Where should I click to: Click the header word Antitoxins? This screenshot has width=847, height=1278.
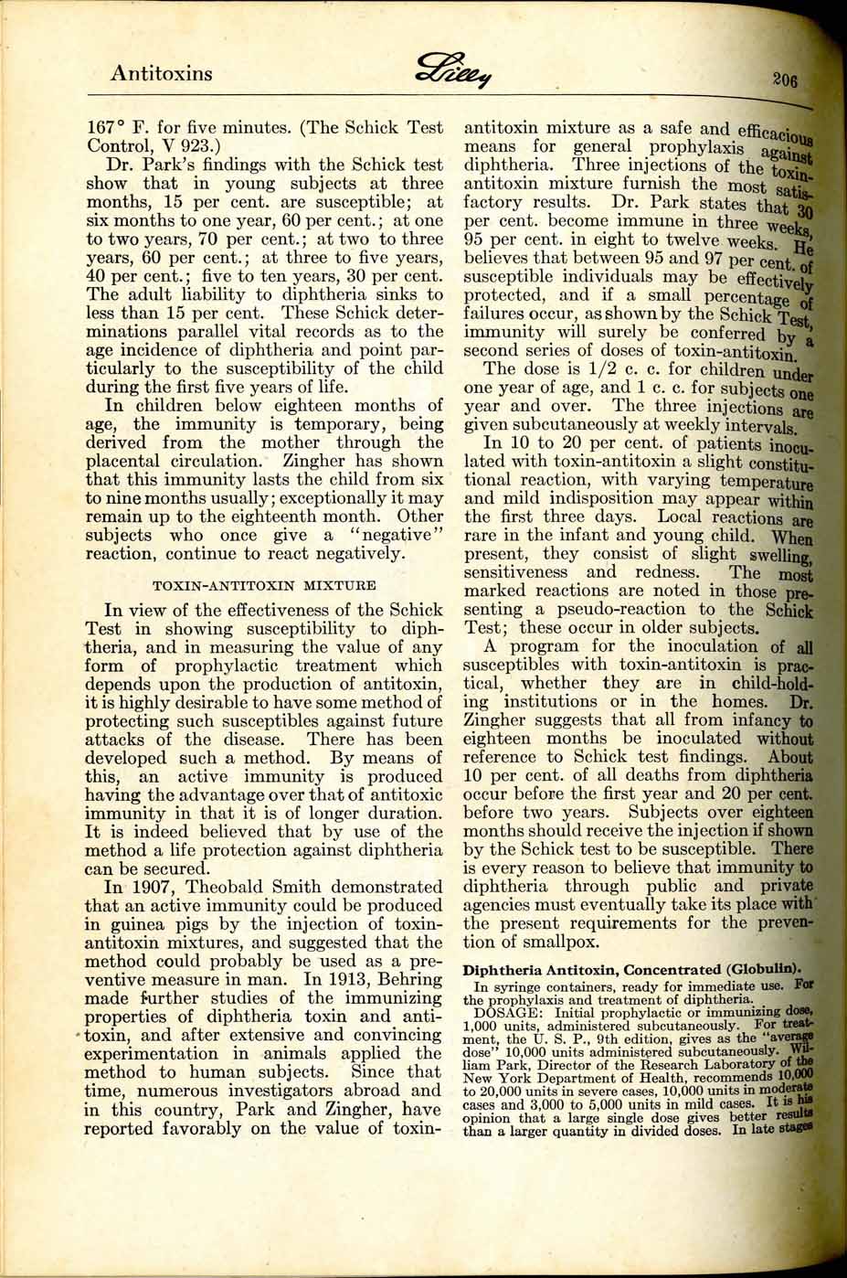point(161,73)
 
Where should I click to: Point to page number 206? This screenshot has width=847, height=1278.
point(784,80)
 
